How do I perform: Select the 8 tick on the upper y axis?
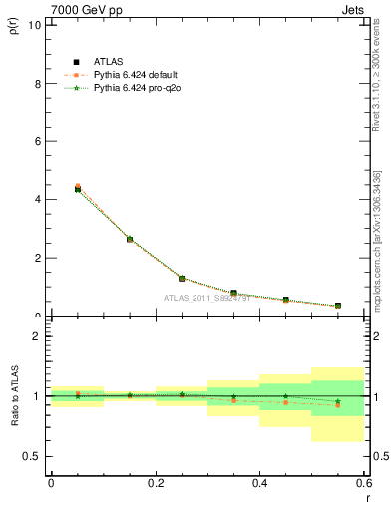coord(38,84)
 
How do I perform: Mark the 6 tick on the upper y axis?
coord(38,141)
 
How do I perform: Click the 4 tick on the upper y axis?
coord(38,199)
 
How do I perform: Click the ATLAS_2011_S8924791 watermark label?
coord(206,298)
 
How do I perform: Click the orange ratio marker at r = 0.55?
coord(338,405)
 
